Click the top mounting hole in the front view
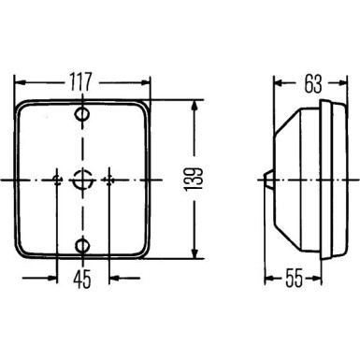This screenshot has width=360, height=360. (82, 116)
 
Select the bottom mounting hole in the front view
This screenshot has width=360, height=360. (82, 246)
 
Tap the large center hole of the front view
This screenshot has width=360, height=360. (83, 179)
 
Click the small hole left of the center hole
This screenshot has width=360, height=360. (57, 179)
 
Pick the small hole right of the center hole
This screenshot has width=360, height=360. (109, 179)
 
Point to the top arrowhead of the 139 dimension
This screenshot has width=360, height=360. (194, 104)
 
